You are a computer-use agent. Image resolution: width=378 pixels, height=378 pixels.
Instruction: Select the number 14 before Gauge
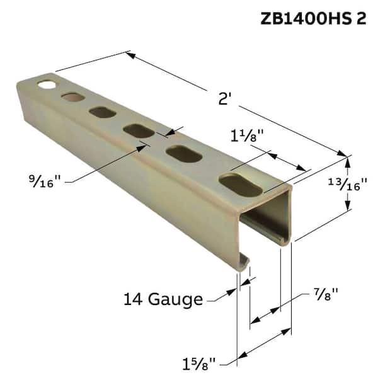pos(135,299)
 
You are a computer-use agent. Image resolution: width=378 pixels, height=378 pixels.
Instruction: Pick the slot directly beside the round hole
pos(72,97)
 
